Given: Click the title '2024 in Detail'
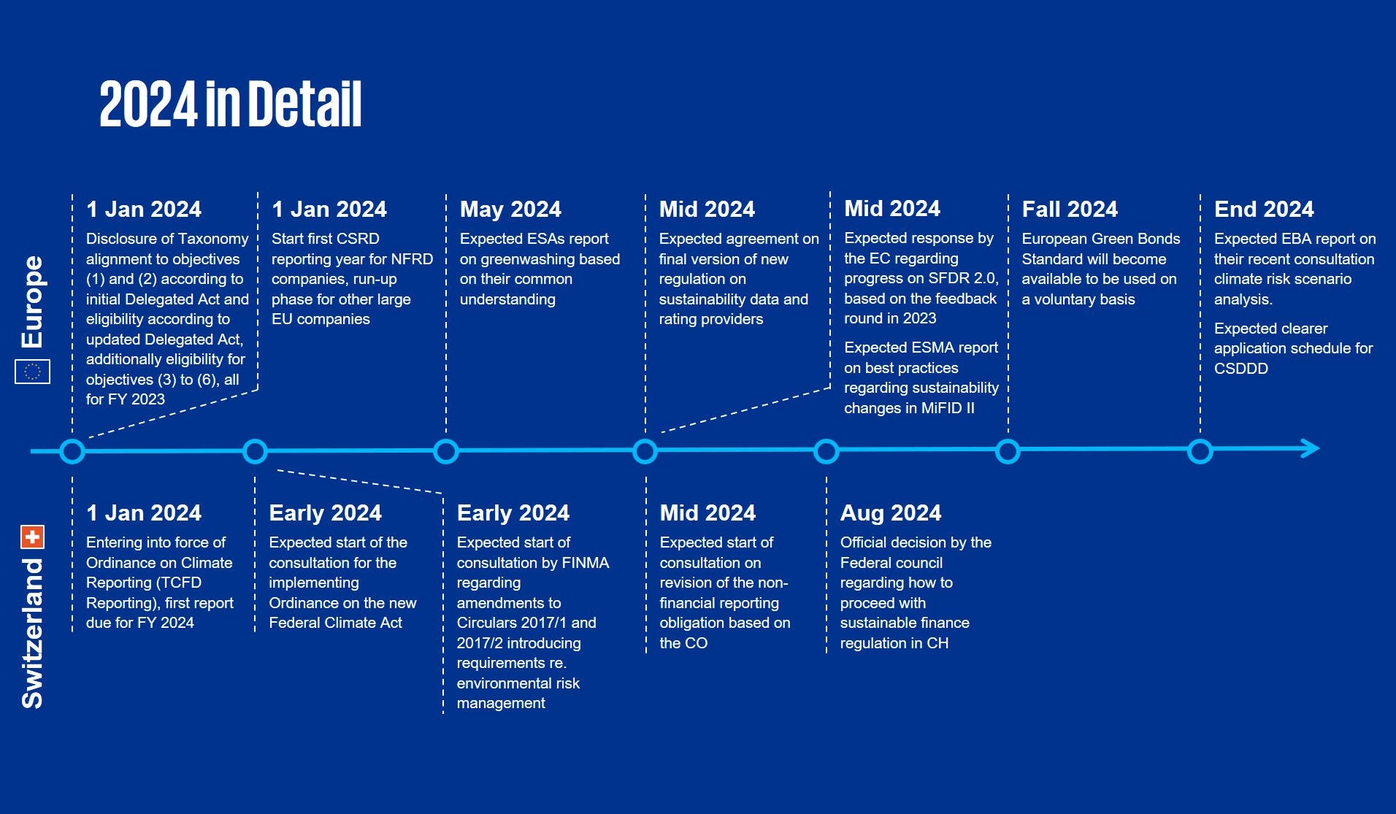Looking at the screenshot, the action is point(231,104).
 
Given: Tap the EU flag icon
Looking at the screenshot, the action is point(33,372).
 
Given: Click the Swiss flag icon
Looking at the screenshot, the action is point(33,537).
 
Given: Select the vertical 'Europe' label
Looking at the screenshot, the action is point(33,302).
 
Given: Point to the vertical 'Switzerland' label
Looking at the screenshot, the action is point(33,633).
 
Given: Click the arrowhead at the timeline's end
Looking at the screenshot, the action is point(1311,448).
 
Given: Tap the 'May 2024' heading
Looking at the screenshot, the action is point(510,210).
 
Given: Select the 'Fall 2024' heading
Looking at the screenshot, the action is point(1070,210).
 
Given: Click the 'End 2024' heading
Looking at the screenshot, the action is point(1264,210).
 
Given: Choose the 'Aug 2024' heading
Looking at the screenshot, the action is point(891,513).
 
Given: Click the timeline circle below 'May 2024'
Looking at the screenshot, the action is point(446,451).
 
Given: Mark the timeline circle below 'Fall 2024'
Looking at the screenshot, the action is point(1008,451).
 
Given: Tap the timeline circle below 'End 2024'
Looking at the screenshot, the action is point(1200,451).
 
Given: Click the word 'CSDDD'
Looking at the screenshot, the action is point(1241,369).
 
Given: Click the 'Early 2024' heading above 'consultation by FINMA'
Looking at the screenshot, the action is point(513,513).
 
